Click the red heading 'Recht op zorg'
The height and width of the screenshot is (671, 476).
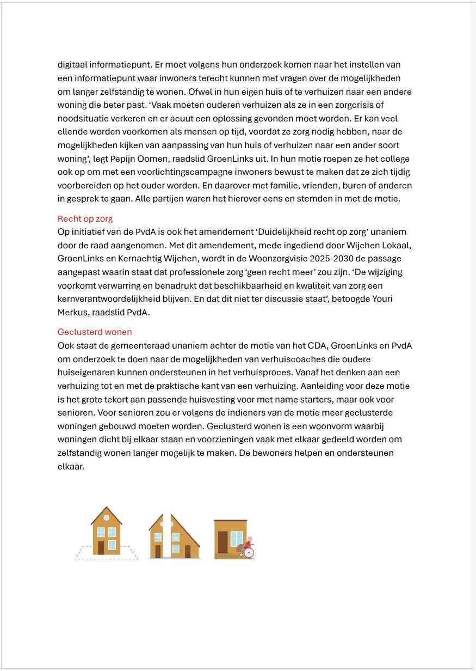pos(85,219)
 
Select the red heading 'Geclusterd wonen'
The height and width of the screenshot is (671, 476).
pos(95,332)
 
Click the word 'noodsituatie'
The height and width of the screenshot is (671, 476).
pos(82,119)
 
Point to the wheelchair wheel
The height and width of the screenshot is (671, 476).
pos(249,553)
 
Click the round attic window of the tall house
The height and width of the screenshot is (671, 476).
pos(106,518)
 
